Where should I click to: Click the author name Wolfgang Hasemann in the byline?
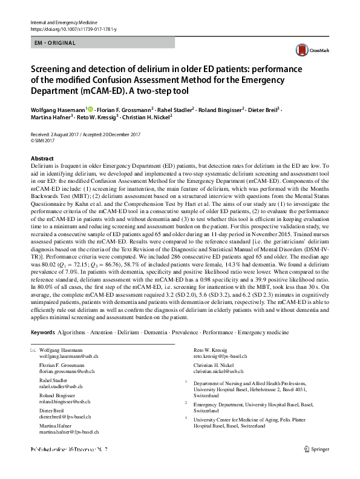[57, 110]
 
